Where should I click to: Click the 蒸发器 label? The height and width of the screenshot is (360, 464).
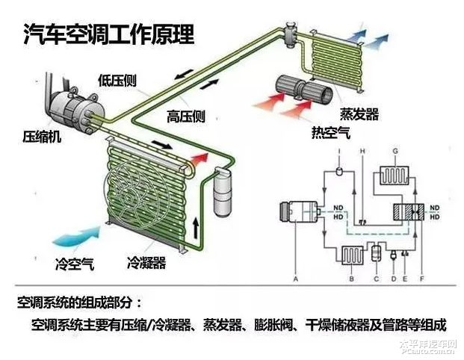tap(359, 114)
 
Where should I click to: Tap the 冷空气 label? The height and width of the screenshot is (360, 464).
tap(74, 264)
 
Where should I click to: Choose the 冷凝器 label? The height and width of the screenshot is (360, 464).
tap(146, 264)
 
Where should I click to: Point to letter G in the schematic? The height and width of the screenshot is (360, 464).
tap(393, 152)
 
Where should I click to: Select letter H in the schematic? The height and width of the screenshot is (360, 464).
tap(362, 152)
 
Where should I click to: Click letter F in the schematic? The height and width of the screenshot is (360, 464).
tap(423, 279)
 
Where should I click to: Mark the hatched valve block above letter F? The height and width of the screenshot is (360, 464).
tap(410, 211)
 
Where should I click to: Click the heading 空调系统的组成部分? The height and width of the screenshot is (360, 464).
tap(78, 304)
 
